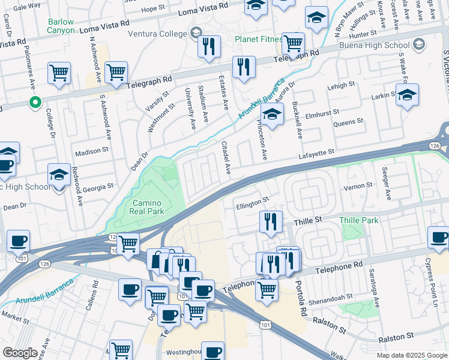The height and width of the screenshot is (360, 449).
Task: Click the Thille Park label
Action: coord(359,220)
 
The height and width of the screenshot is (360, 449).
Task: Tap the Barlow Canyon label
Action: coord(61,26)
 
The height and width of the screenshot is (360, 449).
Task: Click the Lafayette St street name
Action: coord(316,155)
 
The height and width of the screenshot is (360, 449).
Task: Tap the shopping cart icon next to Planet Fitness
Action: coord(293,43)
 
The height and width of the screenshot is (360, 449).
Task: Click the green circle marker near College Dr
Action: coord(35,102)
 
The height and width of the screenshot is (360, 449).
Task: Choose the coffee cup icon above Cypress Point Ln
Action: coord(438,237)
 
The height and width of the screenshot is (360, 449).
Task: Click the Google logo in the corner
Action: coord(20,353)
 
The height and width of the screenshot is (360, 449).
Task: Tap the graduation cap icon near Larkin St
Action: coord(407,95)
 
